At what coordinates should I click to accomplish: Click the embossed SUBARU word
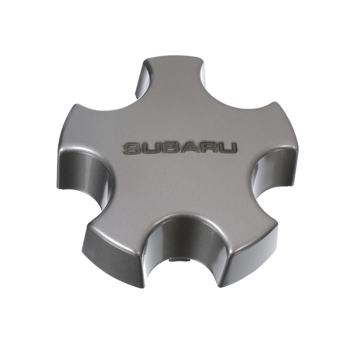180,148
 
